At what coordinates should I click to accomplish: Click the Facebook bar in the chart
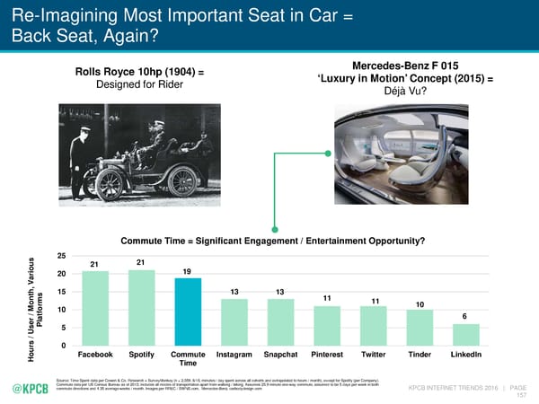pyautogui.click(x=95, y=308)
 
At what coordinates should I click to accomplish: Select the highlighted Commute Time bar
pyautogui.click(x=188, y=312)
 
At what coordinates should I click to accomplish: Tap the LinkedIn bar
pyautogui.click(x=465, y=334)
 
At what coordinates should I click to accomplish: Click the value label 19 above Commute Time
pyautogui.click(x=187, y=271)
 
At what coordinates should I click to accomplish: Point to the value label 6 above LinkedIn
pyautogui.click(x=464, y=316)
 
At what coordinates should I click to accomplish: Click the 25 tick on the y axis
pyautogui.click(x=62, y=257)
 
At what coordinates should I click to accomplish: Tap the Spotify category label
pyautogui.click(x=141, y=354)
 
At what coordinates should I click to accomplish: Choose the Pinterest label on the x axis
pyautogui.click(x=327, y=354)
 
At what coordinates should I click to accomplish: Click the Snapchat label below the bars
pyautogui.click(x=280, y=354)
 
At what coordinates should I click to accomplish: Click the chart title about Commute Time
pyautogui.click(x=272, y=241)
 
